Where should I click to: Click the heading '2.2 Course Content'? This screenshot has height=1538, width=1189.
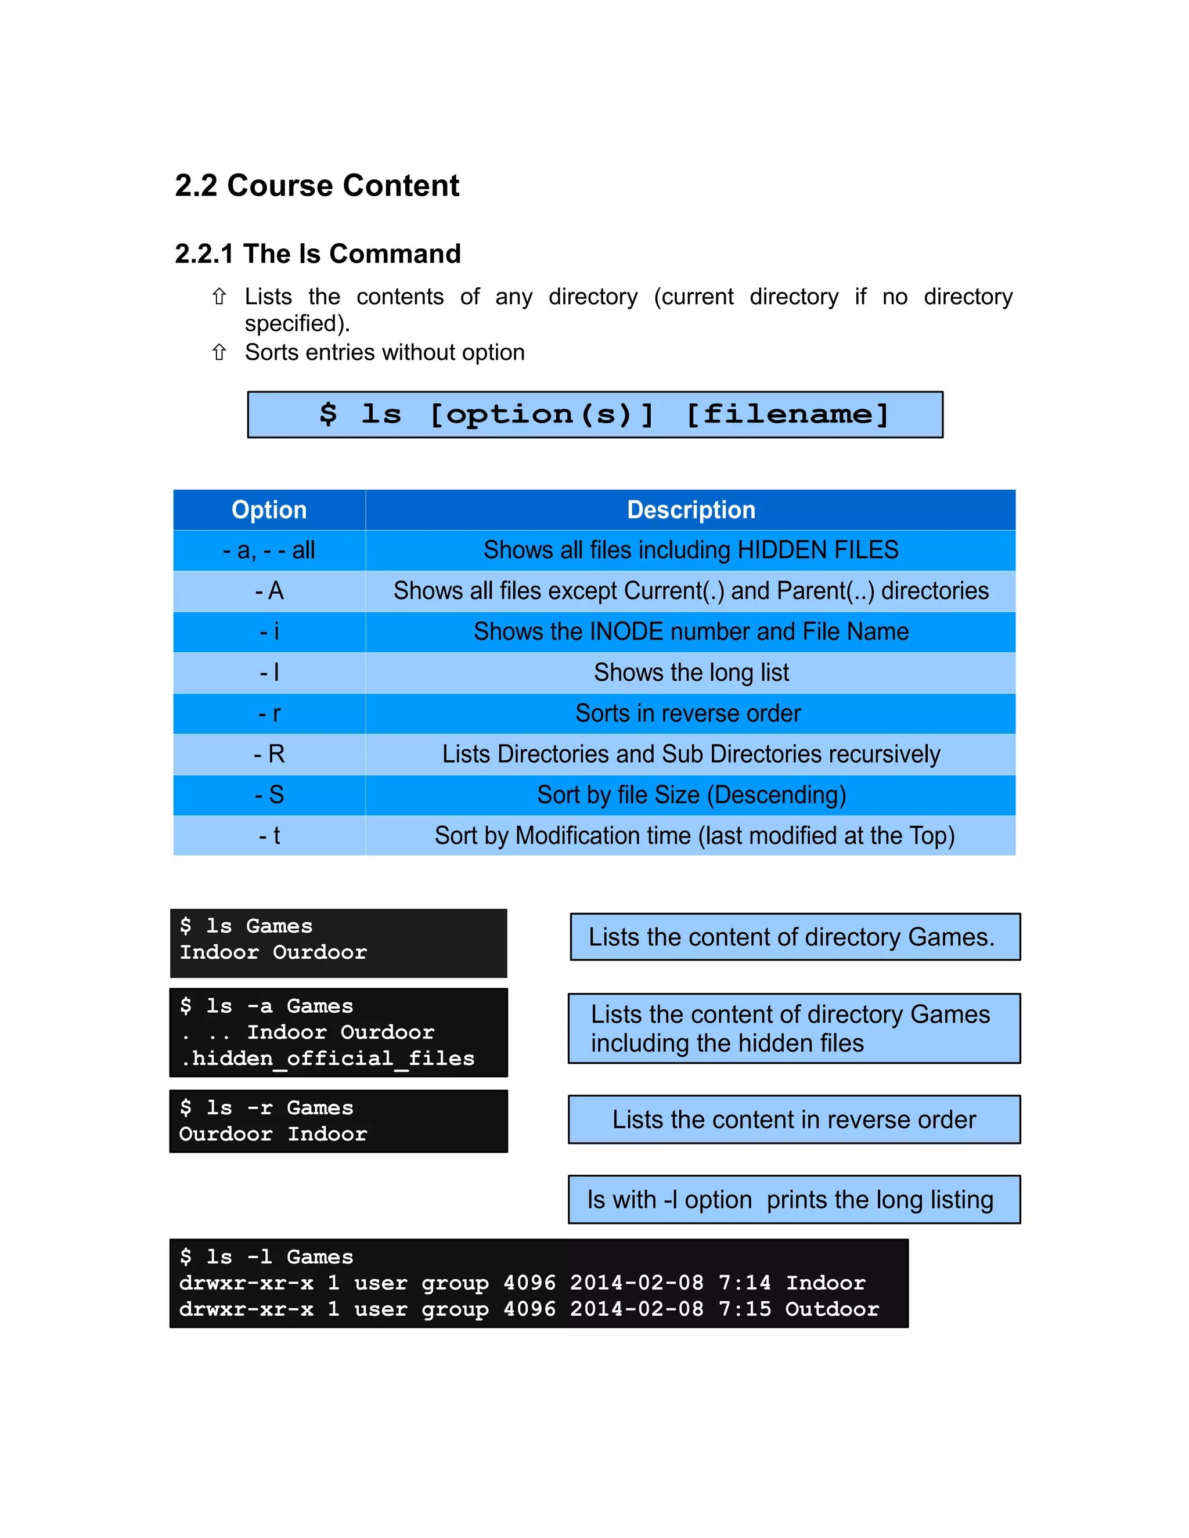click(316, 186)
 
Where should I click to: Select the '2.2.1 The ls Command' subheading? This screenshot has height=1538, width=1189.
click(318, 254)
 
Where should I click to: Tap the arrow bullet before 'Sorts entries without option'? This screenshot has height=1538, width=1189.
click(219, 352)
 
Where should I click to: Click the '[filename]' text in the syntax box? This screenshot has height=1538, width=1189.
click(787, 414)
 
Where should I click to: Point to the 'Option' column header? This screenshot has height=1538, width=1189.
click(269, 510)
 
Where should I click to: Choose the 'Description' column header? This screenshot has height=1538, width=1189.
click(690, 510)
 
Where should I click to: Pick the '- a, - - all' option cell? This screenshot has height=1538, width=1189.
click(269, 550)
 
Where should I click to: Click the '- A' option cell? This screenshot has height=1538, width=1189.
click(269, 591)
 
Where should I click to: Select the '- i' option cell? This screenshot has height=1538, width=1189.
click(269, 631)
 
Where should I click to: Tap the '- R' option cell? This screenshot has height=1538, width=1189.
click(269, 754)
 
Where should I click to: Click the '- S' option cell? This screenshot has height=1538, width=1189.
click(269, 795)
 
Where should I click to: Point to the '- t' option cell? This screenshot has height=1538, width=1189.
click(269, 836)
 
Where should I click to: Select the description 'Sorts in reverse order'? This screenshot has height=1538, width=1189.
click(688, 713)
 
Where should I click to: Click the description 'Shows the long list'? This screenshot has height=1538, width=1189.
click(690, 673)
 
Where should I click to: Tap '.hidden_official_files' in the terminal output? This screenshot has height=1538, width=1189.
click(327, 1059)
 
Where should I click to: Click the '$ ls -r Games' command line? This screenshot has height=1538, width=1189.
click(266, 1108)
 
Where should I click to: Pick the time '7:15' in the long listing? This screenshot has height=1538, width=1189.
click(744, 1309)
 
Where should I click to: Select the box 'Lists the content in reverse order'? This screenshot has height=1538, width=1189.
click(794, 1120)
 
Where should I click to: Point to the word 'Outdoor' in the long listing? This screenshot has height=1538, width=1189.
click(832, 1309)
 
